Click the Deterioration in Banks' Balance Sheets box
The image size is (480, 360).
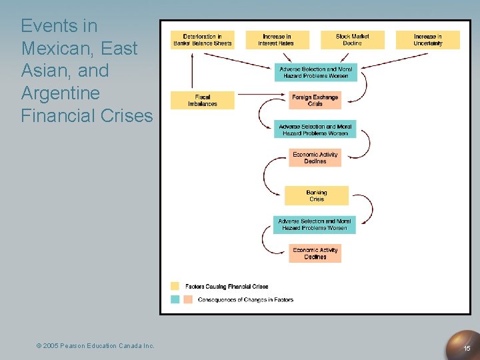(x=202, y=40)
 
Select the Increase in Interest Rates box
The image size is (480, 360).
(x=277, y=40)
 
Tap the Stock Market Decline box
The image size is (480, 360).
(x=352, y=40)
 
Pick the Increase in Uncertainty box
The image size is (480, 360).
(x=427, y=40)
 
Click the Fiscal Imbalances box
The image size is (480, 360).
(x=202, y=101)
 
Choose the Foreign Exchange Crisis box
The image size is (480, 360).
(x=315, y=101)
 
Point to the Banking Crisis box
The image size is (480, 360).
(x=316, y=195)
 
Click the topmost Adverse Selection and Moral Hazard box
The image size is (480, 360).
(x=315, y=72)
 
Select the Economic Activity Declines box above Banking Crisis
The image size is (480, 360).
(x=315, y=158)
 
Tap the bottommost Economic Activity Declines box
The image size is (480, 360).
(x=315, y=253)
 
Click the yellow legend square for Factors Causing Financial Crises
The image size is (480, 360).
(x=175, y=286)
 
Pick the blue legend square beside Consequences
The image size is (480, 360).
(x=175, y=299)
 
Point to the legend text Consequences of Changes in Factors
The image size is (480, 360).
(x=245, y=299)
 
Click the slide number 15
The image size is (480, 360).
(x=467, y=349)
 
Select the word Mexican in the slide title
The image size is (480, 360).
(x=51, y=49)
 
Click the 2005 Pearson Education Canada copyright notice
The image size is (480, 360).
(x=95, y=345)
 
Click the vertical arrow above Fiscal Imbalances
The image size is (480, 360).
(x=192, y=70)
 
